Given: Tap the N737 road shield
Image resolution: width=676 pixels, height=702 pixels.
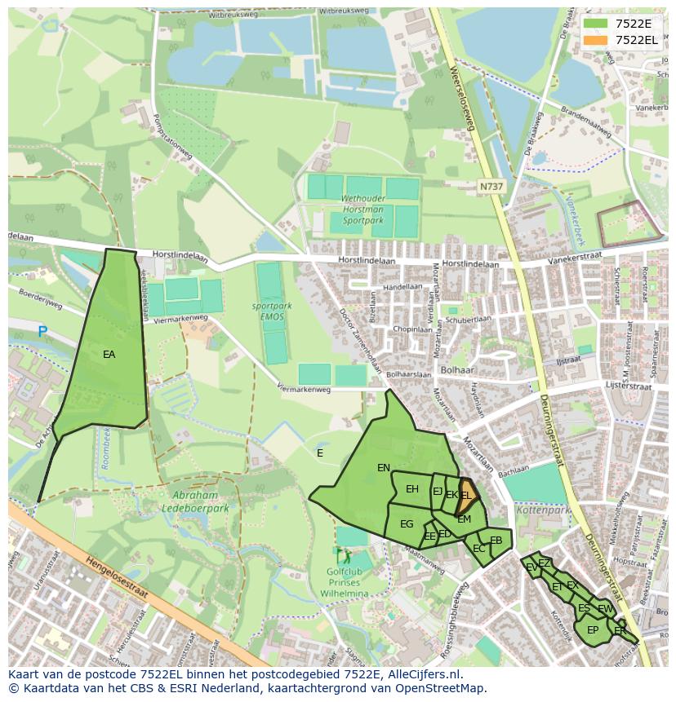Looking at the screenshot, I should [491, 187].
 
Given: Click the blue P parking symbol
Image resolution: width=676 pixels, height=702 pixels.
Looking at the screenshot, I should [42, 331].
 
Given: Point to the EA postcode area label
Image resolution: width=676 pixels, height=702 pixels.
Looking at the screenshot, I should [109, 355].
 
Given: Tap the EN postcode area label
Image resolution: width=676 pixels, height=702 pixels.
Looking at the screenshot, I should [383, 468].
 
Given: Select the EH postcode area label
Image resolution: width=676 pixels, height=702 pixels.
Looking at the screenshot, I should [412, 489].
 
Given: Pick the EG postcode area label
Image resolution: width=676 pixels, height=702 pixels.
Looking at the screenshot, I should [407, 524].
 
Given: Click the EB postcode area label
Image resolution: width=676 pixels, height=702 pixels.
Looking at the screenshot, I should [496, 541].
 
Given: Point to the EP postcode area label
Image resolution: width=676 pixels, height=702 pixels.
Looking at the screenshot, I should [593, 630].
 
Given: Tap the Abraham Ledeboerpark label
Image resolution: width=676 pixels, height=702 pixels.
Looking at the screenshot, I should [195, 501].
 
